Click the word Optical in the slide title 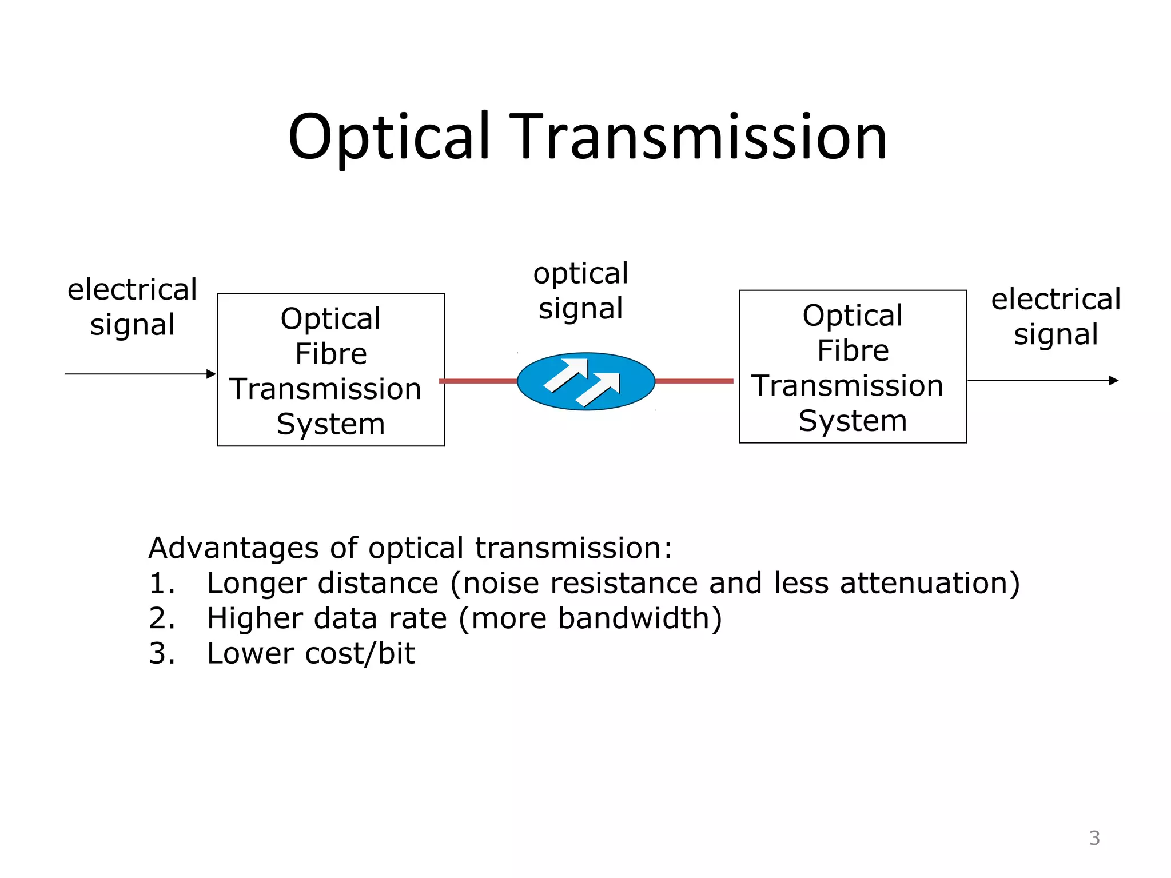tap(389, 137)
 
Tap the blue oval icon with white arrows tap(585, 381)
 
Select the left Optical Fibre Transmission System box tap(330, 370)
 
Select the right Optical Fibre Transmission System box tap(853, 366)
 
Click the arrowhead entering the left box tap(211, 374)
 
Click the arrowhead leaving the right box tap(1113, 380)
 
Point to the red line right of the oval tap(694, 381)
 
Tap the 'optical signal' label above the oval tap(580, 291)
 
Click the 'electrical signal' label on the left tap(132, 307)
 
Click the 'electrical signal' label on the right tap(1056, 316)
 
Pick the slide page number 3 tap(1094, 838)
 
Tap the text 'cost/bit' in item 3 tap(360, 653)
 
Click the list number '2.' tap(162, 618)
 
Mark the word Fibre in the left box tap(331, 354)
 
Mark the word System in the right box tap(853, 421)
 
